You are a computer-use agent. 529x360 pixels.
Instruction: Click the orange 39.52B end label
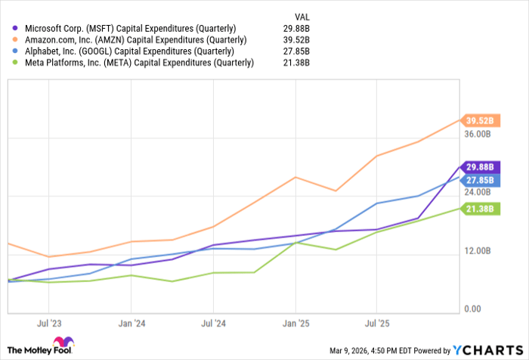[x=480, y=120]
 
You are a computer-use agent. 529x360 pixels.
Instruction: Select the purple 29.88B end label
[x=480, y=167]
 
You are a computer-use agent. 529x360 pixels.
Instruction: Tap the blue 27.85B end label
[x=480, y=180]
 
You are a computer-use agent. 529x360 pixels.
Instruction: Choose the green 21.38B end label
[x=480, y=209]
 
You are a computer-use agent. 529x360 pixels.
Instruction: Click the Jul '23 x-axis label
[x=48, y=321]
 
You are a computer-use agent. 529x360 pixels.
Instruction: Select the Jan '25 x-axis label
[x=294, y=321]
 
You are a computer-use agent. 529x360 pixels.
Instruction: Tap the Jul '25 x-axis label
[x=376, y=321]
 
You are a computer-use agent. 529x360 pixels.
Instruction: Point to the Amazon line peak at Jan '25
[x=295, y=177]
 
